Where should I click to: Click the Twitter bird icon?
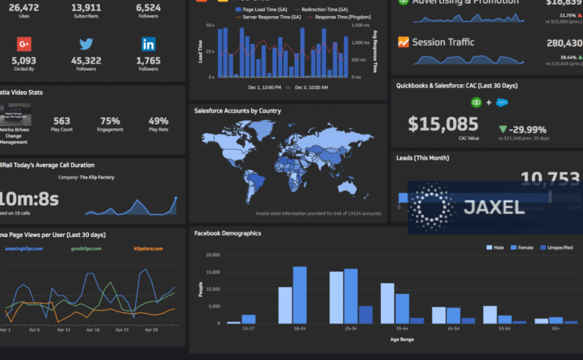[86, 44]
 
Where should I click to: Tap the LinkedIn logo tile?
[148, 44]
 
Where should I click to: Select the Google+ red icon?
[24, 44]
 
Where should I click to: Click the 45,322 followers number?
[86, 61]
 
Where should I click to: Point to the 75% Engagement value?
[110, 121]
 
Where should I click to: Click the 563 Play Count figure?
[62, 121]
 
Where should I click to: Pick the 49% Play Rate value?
[159, 121]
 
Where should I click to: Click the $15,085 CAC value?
[443, 123]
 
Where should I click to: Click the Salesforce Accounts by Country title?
[238, 111]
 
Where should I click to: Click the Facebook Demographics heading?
[228, 233]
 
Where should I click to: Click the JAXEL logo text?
[493, 207]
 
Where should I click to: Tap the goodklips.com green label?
[87, 248]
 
